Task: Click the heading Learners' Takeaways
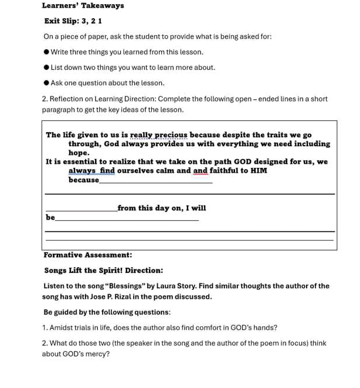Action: point(83,6)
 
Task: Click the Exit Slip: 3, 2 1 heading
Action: point(73,21)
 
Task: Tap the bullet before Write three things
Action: point(46,52)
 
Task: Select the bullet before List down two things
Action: point(46,68)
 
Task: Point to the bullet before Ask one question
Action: point(46,83)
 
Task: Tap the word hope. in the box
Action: point(79,153)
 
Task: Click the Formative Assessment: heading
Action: point(87,255)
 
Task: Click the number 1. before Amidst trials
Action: point(45,328)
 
